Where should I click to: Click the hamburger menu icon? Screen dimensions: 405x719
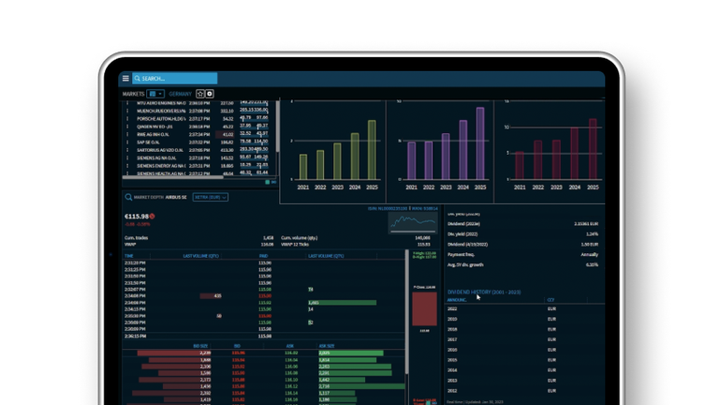pos(125,79)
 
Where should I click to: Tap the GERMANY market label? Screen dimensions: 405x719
pos(181,94)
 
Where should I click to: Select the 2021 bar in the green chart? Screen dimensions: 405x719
pos(302,167)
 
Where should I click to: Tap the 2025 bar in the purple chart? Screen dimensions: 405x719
pos(480,143)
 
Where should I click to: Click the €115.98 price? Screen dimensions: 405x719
pos(136,217)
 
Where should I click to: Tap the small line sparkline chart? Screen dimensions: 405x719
pos(413,223)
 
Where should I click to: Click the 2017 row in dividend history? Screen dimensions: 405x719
pos(453,338)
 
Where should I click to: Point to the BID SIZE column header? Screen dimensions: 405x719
pos(200,346)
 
